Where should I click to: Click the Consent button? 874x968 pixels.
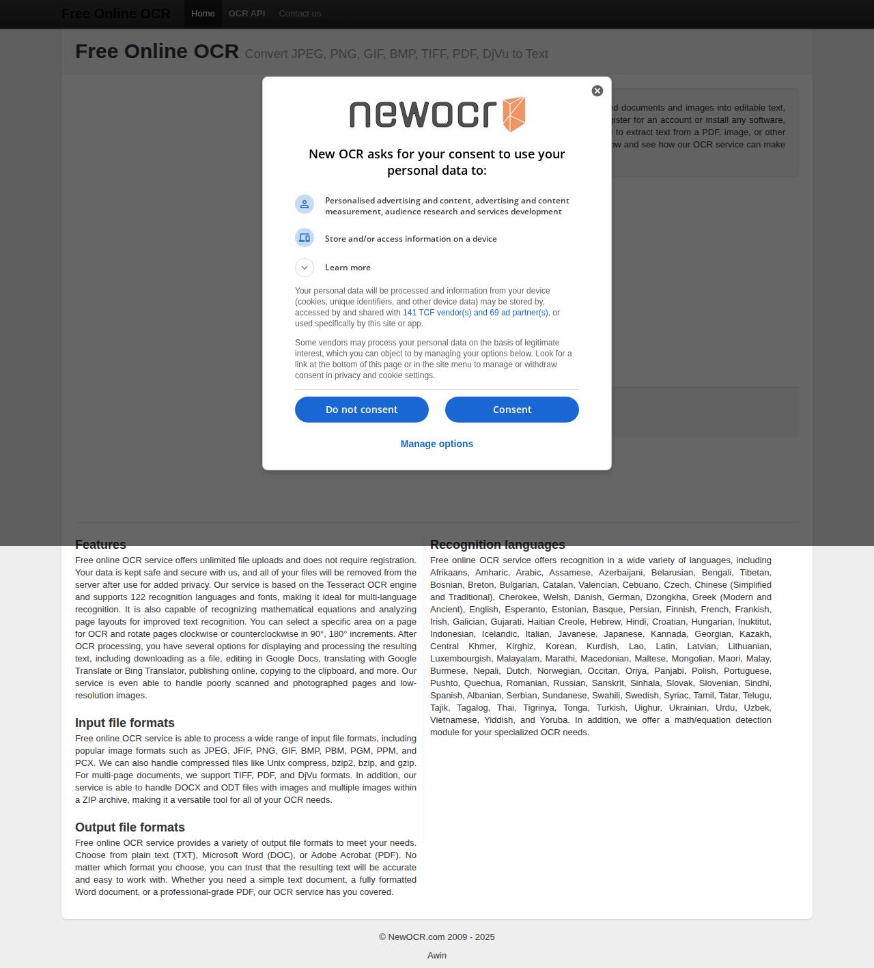pyautogui.click(x=511, y=410)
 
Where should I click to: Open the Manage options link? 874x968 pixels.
pyautogui.click(x=436, y=444)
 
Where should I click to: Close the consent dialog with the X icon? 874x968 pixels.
pyautogui.click(x=597, y=91)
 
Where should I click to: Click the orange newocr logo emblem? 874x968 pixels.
pyautogui.click(x=514, y=114)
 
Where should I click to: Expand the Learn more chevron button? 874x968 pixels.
pyautogui.click(x=305, y=268)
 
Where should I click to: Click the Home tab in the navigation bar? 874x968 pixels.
pyautogui.click(x=203, y=14)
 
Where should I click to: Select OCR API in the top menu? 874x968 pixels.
pyautogui.click(x=246, y=14)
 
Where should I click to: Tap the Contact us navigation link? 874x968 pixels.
pyautogui.click(x=300, y=14)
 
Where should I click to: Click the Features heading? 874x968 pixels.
pyautogui.click(x=100, y=545)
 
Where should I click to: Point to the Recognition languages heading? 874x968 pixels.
pyautogui.click(x=497, y=545)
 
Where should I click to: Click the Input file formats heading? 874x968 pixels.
pyautogui.click(x=125, y=723)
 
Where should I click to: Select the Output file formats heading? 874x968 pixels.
pyautogui.click(x=130, y=827)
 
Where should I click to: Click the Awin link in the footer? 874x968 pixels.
pyautogui.click(x=437, y=955)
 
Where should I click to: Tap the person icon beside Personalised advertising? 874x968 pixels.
pyautogui.click(x=305, y=204)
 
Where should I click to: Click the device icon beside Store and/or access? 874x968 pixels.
pyautogui.click(x=305, y=238)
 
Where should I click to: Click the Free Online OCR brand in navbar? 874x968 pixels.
pyautogui.click(x=116, y=14)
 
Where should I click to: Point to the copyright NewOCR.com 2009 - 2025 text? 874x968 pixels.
pyautogui.click(x=437, y=937)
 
